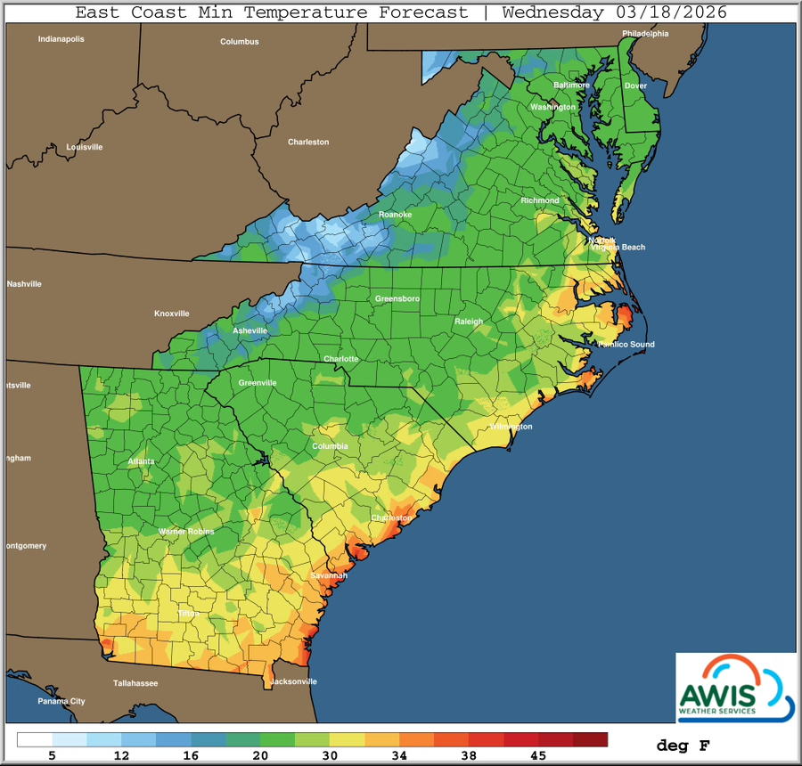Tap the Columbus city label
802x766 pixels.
(x=240, y=42)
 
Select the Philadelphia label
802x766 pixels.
(x=645, y=34)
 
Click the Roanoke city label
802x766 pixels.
(x=396, y=215)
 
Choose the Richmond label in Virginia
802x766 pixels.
(x=540, y=200)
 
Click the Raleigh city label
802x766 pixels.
(x=469, y=322)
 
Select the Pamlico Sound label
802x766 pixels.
(x=626, y=345)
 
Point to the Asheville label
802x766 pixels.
(x=250, y=330)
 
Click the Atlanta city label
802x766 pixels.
(x=141, y=461)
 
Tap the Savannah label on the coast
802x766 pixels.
(x=328, y=576)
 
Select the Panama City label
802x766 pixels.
(x=61, y=701)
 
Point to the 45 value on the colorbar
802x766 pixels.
(x=538, y=755)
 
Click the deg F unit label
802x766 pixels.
(x=683, y=745)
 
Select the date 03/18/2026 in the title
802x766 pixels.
(x=668, y=12)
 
